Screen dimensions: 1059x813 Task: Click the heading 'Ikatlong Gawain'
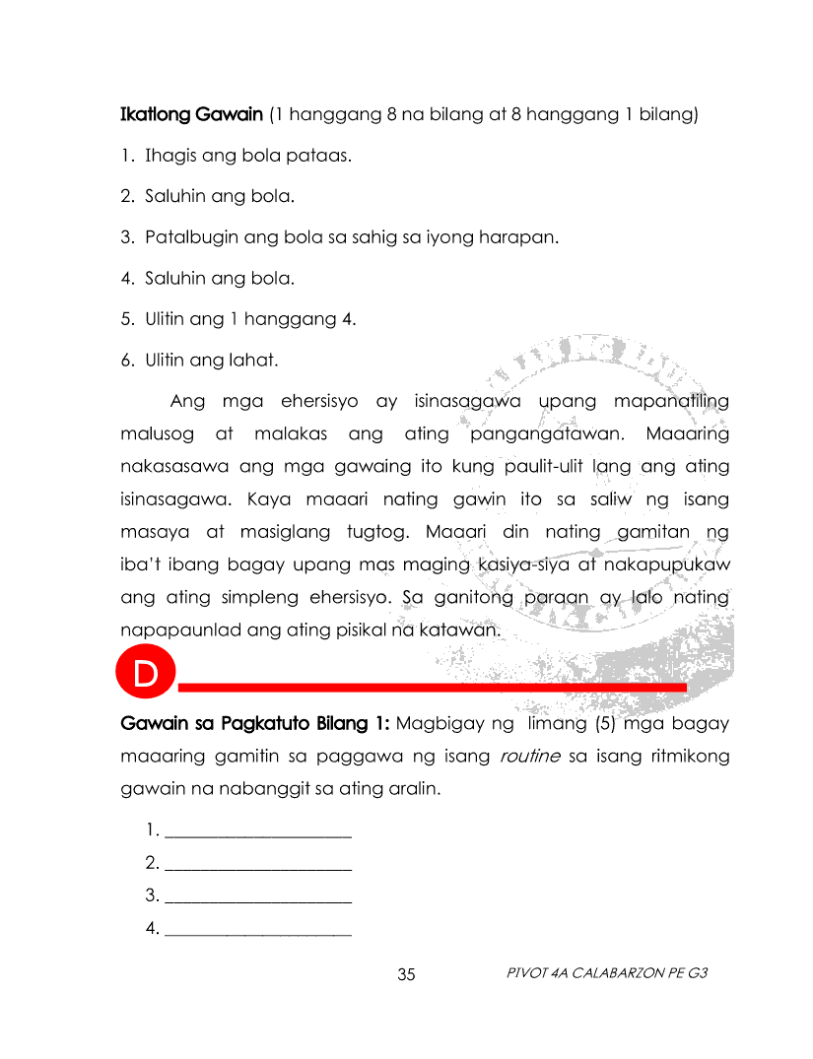tap(192, 114)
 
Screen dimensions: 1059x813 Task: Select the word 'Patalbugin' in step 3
tap(188, 237)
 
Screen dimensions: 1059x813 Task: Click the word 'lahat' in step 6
tap(255, 361)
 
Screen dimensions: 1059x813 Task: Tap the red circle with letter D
tap(145, 676)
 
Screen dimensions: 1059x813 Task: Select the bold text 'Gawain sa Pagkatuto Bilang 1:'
tap(255, 724)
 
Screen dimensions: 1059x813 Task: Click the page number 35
tap(407, 975)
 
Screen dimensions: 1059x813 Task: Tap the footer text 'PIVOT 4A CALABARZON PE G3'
tap(607, 973)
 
